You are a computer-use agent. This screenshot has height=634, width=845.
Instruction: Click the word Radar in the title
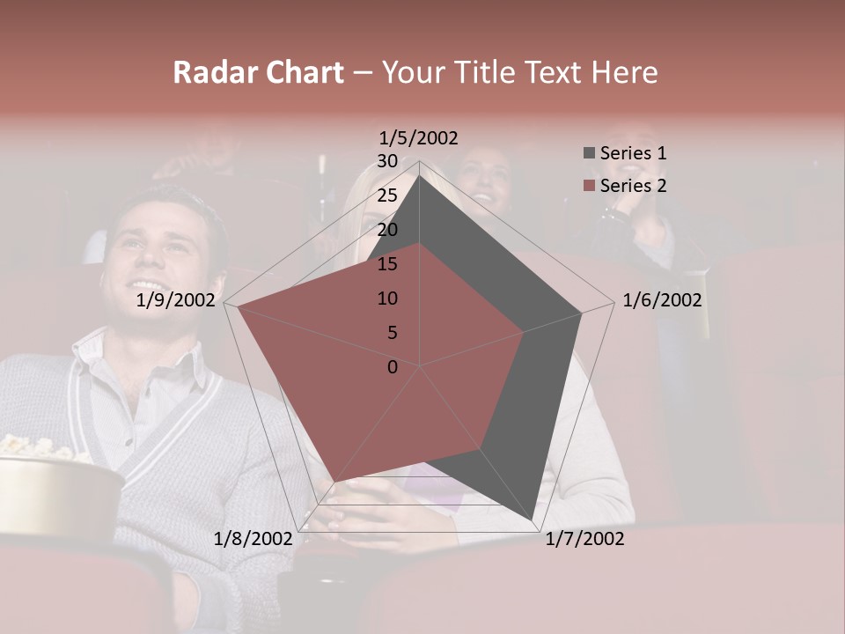pos(209,72)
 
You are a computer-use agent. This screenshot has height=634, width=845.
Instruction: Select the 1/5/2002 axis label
pos(419,138)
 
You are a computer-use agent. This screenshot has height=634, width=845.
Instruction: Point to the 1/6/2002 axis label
pos(662,300)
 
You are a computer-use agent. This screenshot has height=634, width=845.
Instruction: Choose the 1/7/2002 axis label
pos(584,539)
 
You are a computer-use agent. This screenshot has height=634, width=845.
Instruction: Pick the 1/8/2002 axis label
pos(253,539)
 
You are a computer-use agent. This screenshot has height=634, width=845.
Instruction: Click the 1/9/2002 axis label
pos(176,300)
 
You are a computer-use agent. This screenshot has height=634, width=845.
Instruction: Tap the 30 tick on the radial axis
pos(387,161)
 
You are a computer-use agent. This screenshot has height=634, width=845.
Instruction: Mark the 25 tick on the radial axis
pos(387,195)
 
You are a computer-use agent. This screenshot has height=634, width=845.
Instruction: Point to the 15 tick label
pos(387,264)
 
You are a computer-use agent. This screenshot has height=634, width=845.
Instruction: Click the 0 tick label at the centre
pos(393,367)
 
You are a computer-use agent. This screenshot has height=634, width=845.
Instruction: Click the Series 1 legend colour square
pos(589,153)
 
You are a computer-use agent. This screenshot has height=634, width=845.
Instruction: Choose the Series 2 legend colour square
pos(589,186)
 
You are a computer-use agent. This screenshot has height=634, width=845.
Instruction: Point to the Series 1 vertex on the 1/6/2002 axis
pos(582,313)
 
